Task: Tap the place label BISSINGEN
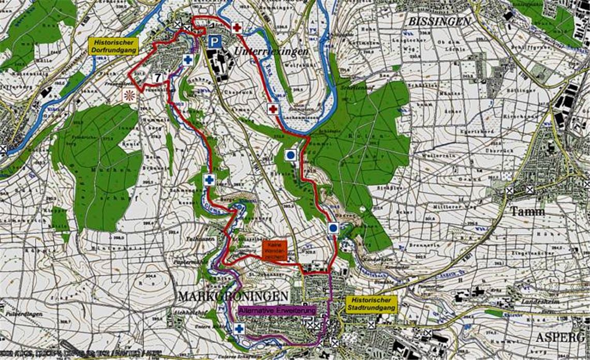point(439,22)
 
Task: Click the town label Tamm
point(527,212)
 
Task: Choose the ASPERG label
point(561,337)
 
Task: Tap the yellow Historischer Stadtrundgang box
point(371,304)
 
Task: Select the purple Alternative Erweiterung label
point(277,311)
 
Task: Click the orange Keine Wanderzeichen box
point(274,250)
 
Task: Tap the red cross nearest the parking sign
point(237,27)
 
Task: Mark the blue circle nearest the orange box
point(333,228)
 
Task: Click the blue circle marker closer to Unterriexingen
point(291,154)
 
